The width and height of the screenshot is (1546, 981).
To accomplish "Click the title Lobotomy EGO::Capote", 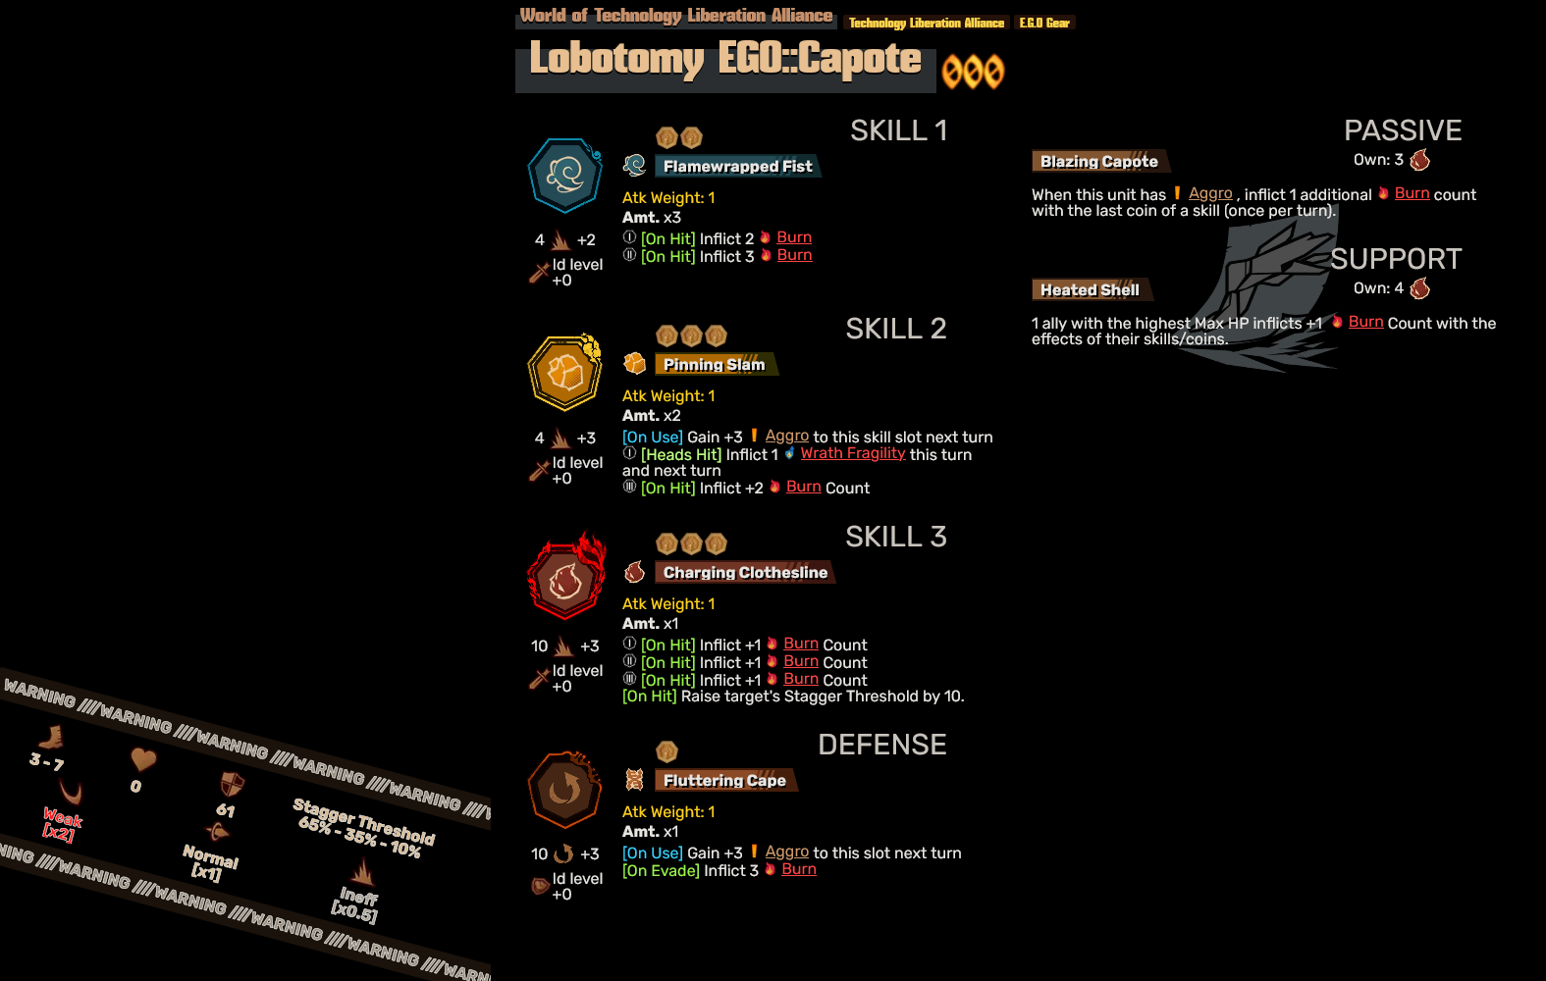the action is [724, 59].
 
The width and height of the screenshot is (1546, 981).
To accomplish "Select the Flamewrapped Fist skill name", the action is [737, 166].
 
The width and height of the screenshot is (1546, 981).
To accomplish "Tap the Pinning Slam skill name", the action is [714, 364].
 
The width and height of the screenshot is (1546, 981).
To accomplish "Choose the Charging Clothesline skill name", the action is [745, 573].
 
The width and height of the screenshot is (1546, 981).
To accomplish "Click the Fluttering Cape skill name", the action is [724, 780].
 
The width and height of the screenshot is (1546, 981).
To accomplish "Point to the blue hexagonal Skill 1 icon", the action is [565, 175].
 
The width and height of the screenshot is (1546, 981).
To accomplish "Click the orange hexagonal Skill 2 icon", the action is [565, 373].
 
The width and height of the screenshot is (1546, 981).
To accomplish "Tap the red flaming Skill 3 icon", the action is [566, 578].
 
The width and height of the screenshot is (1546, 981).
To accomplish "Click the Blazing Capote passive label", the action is [1098, 162].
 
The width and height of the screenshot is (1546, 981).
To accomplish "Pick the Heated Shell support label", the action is [1090, 289].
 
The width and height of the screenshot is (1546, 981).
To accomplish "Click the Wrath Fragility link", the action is [852, 453].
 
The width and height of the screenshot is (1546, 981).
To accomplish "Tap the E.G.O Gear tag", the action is [1044, 23].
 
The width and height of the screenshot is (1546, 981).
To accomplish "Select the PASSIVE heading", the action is [1403, 130].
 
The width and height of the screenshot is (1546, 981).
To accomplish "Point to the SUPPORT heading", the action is [1396, 259].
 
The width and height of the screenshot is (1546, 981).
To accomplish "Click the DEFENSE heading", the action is [882, 745].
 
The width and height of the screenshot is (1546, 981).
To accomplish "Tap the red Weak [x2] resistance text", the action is [62, 825].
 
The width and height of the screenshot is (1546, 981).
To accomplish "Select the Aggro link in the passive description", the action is [1210, 194].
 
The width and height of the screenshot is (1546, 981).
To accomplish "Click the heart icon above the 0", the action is [143, 759].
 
